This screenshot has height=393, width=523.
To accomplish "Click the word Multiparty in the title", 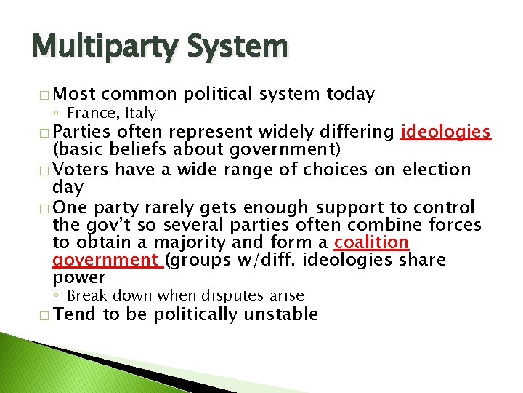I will pos(106,47).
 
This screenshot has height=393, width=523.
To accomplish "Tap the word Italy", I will pos(142,112).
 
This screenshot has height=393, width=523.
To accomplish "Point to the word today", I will pos(351,94).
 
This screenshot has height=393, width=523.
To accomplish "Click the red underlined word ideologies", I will pos(447,132).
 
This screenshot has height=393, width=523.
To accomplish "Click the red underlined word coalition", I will pos(371,242).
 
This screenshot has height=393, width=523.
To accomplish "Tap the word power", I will pos(79,277).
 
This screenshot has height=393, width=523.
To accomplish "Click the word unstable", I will pos(281,314).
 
